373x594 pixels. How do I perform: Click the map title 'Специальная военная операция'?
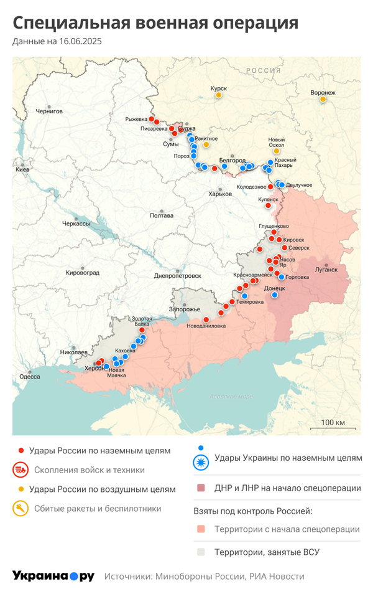point(155,24)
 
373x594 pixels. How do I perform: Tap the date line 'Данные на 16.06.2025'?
point(57,42)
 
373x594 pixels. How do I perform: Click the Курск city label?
point(219,88)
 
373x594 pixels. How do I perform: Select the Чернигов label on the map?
point(49,111)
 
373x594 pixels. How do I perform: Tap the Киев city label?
point(22,169)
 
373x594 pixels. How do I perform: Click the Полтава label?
point(162,216)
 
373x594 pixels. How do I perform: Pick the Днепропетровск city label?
point(177,275)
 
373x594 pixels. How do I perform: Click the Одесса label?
point(30,376)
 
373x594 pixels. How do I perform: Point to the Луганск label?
point(326,270)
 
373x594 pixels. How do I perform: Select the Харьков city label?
point(220,194)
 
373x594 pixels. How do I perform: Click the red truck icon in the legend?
point(21,470)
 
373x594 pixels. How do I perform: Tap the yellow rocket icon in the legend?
point(21,509)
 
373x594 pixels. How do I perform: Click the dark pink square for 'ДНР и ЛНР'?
point(200,488)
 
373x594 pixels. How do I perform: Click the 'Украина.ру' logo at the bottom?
point(53,576)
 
